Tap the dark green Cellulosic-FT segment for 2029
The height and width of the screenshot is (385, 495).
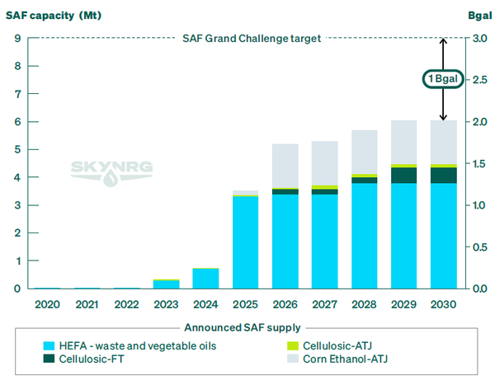[403, 175]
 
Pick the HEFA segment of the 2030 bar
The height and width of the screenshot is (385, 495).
[443, 236]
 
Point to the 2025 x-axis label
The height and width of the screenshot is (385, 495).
[246, 304]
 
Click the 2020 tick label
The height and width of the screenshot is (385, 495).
[48, 304]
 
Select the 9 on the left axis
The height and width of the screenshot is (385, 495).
[17, 38]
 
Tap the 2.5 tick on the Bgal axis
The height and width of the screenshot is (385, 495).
[478, 80]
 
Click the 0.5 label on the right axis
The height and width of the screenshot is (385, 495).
[478, 246]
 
